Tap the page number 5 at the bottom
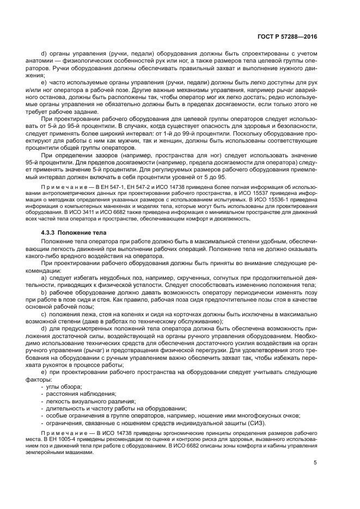click(x=315, y=463)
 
